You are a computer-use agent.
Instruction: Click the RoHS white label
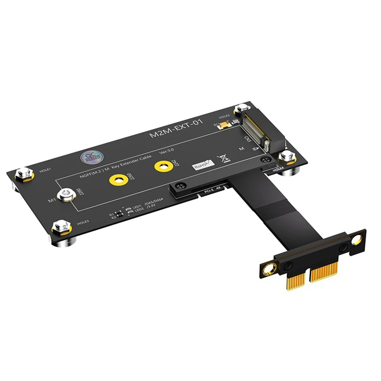click(204, 165)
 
